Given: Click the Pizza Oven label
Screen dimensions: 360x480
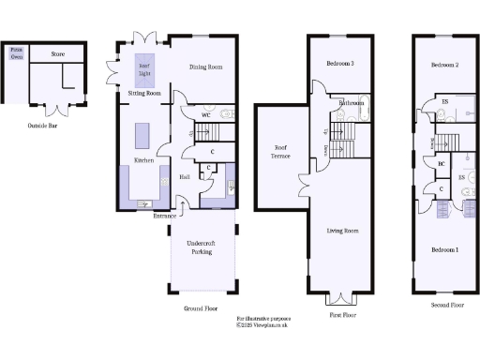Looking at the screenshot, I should pyautogui.click(x=16, y=53).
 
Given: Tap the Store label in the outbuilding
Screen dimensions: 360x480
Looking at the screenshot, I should pyautogui.click(x=58, y=54).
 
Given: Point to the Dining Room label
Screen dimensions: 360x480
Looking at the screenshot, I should pyautogui.click(x=205, y=67).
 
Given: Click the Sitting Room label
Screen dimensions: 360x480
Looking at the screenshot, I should pyautogui.click(x=144, y=94).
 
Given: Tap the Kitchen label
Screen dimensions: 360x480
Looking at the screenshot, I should pyautogui.click(x=143, y=160).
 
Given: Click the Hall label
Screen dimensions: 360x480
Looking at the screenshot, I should pyautogui.click(x=186, y=175).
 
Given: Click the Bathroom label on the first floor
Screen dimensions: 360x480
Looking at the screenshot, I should pyautogui.click(x=352, y=102).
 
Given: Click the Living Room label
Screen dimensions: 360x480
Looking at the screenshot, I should pyautogui.click(x=343, y=230).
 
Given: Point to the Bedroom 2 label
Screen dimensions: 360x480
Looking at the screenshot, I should pyautogui.click(x=443, y=66).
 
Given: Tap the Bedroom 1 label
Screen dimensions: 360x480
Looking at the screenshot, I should pyautogui.click(x=443, y=250).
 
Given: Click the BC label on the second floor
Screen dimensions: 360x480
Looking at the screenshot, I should pyautogui.click(x=441, y=165).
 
